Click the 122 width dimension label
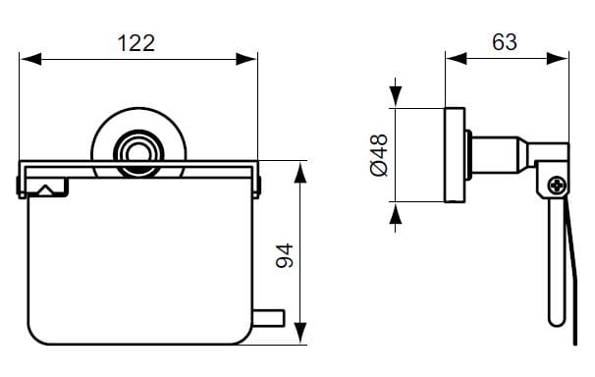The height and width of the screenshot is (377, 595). click(x=136, y=43)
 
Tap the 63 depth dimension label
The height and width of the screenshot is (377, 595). click(x=505, y=42)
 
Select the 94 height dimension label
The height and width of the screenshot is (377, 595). click(x=285, y=255)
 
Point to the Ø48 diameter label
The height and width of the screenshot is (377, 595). click(x=379, y=155)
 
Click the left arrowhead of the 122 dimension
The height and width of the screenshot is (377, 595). click(x=31, y=59)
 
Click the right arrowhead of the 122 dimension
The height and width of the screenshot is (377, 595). click(x=245, y=59)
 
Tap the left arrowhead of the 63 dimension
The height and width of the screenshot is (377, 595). click(x=457, y=59)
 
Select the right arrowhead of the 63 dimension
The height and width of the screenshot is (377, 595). click(x=558, y=59)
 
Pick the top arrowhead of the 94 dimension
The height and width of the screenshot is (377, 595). click(x=300, y=173)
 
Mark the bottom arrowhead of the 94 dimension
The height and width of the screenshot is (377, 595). click(x=300, y=333)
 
